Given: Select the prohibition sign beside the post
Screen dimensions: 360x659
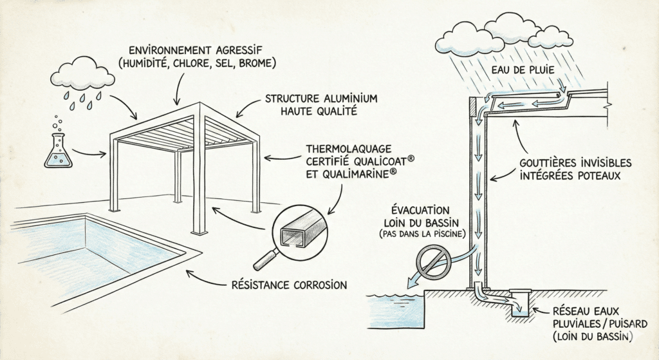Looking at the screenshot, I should coord(429,262).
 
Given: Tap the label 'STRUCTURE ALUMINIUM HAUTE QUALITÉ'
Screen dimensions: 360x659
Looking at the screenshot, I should coord(321,105).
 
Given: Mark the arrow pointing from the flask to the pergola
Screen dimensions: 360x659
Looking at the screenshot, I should coord(90,153).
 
